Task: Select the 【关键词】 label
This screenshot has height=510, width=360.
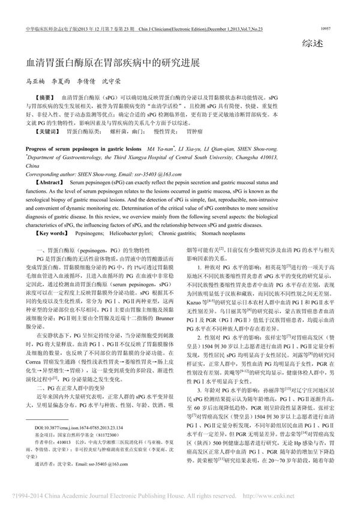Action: [x=48, y=130]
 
